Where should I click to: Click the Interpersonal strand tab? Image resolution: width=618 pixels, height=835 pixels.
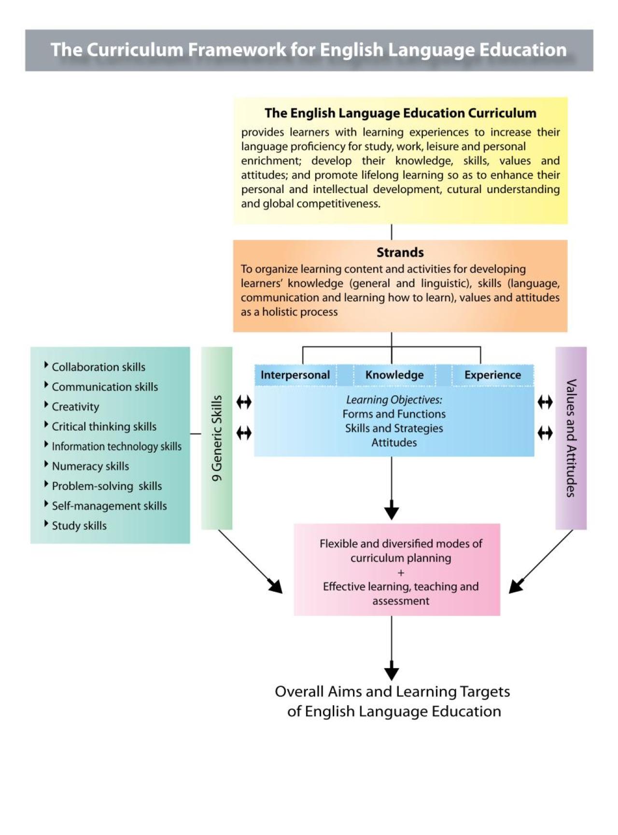[x=295, y=375]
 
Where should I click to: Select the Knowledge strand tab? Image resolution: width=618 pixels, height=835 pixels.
[x=394, y=375]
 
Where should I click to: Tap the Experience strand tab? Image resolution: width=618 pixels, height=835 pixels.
[x=492, y=375]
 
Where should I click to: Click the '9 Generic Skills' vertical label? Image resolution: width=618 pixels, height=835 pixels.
[x=217, y=438]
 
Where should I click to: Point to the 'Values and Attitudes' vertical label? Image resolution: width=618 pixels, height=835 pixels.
[x=571, y=438]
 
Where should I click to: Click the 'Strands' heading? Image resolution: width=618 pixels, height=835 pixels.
[x=400, y=252]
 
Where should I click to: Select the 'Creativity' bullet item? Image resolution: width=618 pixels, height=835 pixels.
[x=75, y=407]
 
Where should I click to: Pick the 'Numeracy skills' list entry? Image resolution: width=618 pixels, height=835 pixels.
[x=90, y=466]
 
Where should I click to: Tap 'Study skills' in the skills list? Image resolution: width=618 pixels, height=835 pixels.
[x=79, y=526]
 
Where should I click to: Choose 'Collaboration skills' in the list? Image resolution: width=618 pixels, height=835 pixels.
[x=98, y=367]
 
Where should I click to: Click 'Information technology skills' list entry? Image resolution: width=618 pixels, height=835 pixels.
[x=116, y=446]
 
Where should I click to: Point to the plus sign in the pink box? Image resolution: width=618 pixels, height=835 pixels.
[x=401, y=573]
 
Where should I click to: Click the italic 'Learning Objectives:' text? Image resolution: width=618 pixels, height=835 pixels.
[x=394, y=400]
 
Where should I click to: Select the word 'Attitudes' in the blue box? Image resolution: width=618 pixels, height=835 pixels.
[x=394, y=443]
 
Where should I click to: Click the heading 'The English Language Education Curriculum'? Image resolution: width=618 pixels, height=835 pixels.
[x=400, y=113]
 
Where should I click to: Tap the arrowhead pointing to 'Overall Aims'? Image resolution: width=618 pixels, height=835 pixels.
[x=392, y=673]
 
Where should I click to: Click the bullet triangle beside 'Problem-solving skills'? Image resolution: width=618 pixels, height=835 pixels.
[x=46, y=484]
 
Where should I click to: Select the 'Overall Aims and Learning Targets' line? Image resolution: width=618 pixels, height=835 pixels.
[x=392, y=692]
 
